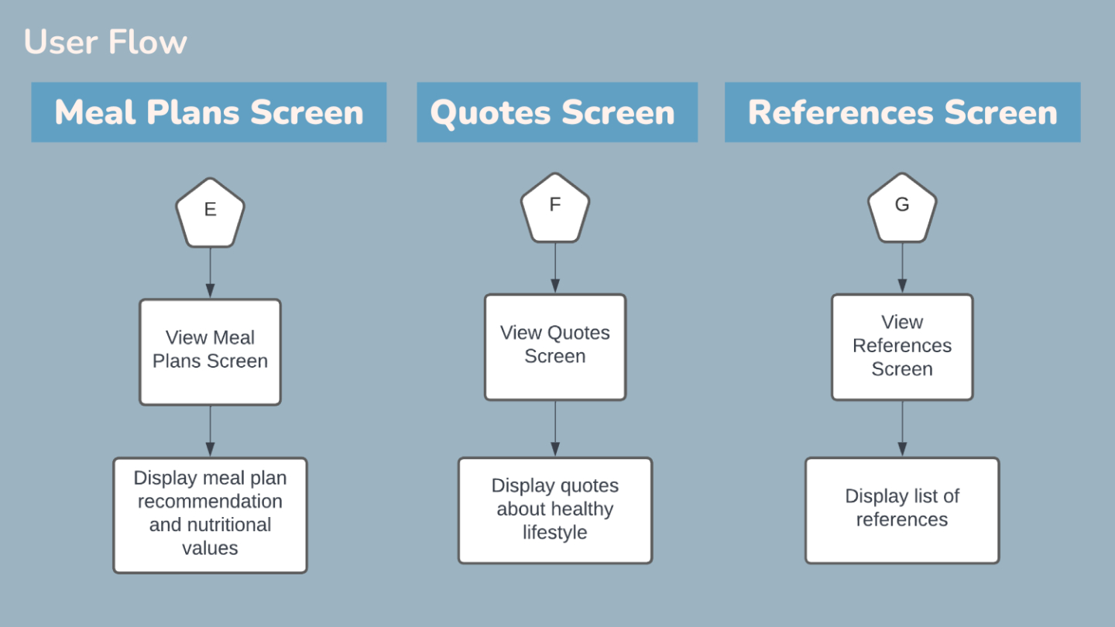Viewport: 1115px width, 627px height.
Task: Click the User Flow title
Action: tap(105, 42)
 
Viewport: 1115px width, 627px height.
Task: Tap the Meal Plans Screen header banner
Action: tap(209, 112)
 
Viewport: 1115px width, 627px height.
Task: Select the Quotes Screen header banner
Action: tap(557, 112)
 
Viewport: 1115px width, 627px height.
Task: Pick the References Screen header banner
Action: tap(903, 112)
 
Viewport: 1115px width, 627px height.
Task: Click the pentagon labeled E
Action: tap(210, 213)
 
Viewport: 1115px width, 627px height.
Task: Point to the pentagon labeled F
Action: tap(555, 208)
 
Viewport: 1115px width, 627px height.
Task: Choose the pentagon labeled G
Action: tap(902, 208)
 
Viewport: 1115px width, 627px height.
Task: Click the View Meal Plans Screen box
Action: tap(210, 351)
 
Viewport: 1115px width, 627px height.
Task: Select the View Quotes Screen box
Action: tap(555, 347)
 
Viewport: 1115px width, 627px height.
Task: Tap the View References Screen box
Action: tap(902, 347)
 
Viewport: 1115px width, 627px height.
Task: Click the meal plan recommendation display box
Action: tap(210, 516)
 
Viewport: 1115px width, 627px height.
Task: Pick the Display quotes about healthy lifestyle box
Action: tap(555, 511)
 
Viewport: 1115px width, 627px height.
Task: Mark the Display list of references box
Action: tap(902, 511)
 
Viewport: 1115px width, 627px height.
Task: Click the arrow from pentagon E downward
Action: tap(210, 272)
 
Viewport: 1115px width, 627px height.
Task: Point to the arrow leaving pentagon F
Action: tap(555, 268)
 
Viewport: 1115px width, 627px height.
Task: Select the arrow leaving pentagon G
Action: tap(902, 268)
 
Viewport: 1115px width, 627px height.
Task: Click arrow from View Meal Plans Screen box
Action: tap(210, 431)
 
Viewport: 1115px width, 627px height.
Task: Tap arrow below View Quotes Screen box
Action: tap(555, 429)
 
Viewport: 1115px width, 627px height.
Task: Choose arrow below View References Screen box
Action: tap(902, 429)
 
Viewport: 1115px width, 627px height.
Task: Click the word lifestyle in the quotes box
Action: tap(554, 533)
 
